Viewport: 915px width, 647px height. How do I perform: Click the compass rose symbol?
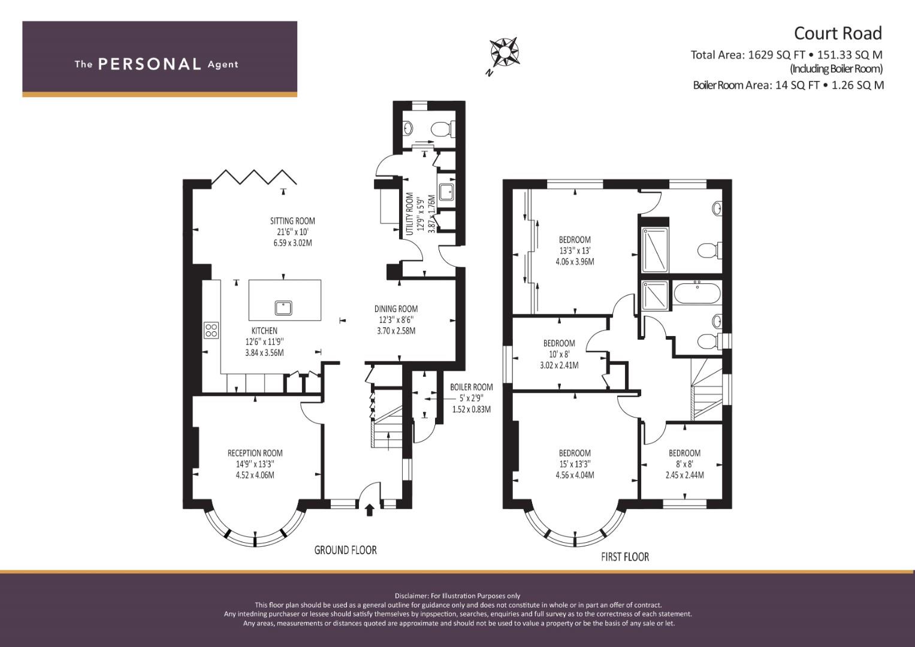click(505, 52)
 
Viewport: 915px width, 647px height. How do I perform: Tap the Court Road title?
click(838, 34)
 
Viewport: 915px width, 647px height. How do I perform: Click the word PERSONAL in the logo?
click(150, 64)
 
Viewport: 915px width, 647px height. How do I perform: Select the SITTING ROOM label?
click(292, 221)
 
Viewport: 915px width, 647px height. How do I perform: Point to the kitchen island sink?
click(283, 307)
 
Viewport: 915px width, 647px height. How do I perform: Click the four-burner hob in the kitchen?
click(211, 331)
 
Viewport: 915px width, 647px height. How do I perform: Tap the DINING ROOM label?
click(396, 309)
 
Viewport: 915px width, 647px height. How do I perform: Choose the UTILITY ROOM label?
click(410, 214)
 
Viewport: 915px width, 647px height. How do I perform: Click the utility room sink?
click(446, 192)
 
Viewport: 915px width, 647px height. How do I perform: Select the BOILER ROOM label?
click(472, 387)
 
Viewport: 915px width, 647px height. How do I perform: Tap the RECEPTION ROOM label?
click(255, 453)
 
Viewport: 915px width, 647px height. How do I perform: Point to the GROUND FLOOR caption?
click(346, 550)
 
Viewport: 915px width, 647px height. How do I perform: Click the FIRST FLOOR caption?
click(625, 557)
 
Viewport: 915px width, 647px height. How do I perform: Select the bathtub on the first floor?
click(696, 294)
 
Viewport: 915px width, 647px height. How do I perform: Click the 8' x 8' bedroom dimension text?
click(685, 464)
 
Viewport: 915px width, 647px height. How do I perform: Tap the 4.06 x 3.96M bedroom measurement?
click(575, 262)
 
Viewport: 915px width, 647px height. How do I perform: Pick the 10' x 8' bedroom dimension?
click(559, 354)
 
